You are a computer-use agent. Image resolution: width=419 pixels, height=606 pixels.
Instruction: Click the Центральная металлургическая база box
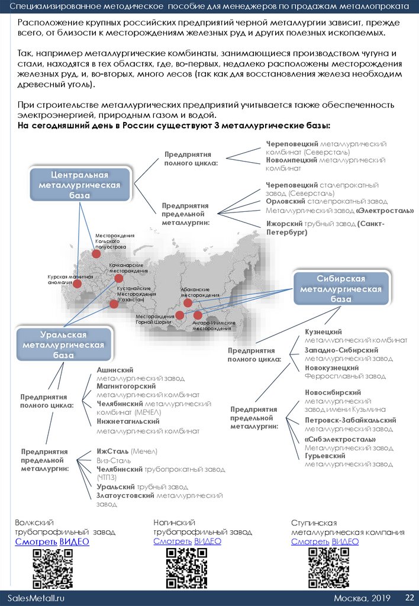(x=79, y=185)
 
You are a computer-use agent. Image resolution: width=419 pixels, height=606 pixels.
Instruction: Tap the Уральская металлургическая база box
(x=63, y=345)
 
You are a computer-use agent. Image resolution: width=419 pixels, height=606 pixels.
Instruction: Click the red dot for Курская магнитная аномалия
(x=78, y=283)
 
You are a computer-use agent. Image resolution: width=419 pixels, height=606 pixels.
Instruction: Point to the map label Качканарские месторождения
(x=128, y=267)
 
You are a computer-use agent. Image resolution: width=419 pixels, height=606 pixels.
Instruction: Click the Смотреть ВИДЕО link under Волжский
(x=52, y=541)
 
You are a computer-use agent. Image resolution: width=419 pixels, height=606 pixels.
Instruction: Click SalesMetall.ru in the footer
(x=36, y=598)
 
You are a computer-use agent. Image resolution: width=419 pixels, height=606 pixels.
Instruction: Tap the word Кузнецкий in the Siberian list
(x=323, y=332)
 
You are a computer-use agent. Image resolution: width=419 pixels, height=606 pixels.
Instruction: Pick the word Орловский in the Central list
(x=286, y=201)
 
